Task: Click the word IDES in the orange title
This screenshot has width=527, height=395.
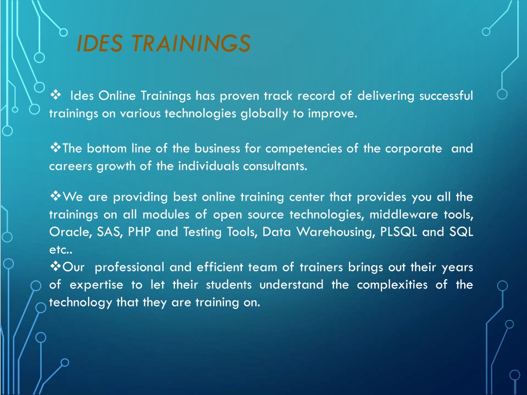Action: pyautogui.click(x=99, y=43)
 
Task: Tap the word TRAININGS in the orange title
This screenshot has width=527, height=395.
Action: pyautogui.click(x=191, y=43)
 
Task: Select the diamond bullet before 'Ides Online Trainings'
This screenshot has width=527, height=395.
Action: pyautogui.click(x=56, y=95)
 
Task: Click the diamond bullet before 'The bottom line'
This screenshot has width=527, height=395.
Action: pyautogui.click(x=56, y=147)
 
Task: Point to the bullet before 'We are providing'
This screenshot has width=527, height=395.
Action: pyautogui.click(x=56, y=195)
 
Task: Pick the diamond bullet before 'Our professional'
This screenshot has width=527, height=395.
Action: pyautogui.click(x=56, y=266)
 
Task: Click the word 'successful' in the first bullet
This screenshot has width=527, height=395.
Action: pyautogui.click(x=446, y=96)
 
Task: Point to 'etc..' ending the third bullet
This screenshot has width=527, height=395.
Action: pyautogui.click(x=61, y=249)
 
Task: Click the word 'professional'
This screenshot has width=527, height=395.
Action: pyautogui.click(x=129, y=267)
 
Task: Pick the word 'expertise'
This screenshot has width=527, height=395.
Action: pyautogui.click(x=96, y=285)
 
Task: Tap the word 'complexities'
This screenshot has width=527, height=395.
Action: pyautogui.click(x=392, y=285)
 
